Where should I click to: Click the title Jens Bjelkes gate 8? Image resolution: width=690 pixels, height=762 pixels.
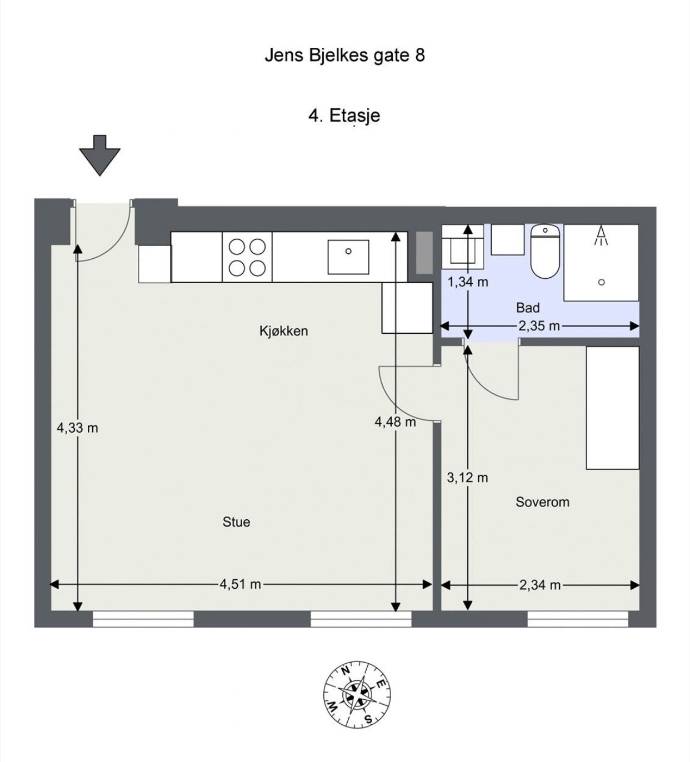tap(344, 56)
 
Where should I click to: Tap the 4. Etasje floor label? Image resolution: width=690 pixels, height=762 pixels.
tap(344, 116)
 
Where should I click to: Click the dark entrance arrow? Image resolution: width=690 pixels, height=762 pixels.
tap(99, 156)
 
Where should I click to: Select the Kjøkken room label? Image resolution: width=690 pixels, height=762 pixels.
tap(283, 331)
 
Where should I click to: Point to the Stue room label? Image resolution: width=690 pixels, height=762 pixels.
tap(236, 522)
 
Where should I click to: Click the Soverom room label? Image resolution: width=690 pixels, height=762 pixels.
tap(542, 502)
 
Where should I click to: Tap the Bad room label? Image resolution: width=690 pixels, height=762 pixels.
tap(528, 308)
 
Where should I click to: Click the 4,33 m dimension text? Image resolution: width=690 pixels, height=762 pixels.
tap(77, 428)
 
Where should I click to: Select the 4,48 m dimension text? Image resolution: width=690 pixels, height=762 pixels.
tap(395, 421)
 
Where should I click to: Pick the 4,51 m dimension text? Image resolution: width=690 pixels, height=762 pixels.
tap(240, 584)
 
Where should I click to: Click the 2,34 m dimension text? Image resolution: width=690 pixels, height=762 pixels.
tap(540, 585)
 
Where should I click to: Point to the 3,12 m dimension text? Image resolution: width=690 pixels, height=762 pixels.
tap(467, 478)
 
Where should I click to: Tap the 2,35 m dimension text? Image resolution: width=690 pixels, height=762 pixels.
tap(539, 327)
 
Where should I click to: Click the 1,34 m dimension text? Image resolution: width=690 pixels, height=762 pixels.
tap(468, 282)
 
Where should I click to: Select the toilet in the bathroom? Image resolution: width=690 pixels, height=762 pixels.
tap(545, 251)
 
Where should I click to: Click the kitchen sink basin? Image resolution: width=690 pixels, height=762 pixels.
tap(348, 257)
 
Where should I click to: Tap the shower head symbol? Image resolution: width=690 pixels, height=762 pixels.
tap(601, 235)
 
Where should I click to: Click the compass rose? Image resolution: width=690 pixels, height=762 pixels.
tap(357, 696)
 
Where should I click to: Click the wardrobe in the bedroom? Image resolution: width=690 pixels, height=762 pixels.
tap(612, 408)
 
